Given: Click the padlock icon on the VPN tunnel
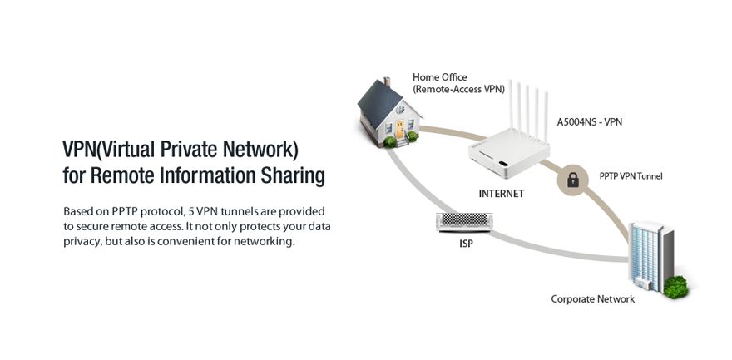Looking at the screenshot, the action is [573, 179].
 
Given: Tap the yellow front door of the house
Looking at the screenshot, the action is [399, 130].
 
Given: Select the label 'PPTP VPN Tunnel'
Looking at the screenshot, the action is [631, 176].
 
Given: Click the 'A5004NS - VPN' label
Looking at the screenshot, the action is [590, 121].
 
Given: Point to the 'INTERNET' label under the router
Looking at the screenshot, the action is [502, 194].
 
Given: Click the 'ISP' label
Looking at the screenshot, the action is [466, 244].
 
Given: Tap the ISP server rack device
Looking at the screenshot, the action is [464, 223].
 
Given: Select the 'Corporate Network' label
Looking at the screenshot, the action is [593, 299].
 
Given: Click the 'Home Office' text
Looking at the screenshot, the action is [440, 77].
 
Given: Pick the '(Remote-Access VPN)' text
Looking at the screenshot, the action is [458, 89].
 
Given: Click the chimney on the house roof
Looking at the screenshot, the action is [387, 82].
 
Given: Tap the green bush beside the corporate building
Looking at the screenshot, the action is [675, 288].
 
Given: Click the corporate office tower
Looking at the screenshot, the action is [650, 256].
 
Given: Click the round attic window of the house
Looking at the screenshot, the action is [400, 110].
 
